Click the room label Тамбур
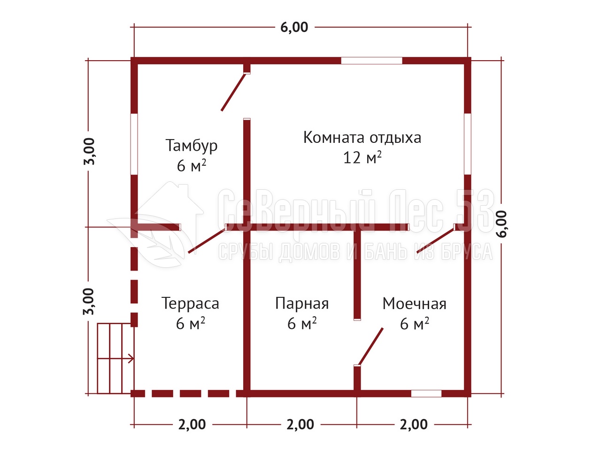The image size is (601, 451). point(192,146)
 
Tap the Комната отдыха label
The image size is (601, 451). point(362,138)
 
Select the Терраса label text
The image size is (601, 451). point(190,303)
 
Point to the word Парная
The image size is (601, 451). point(302,303)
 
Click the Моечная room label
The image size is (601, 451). point(414,303)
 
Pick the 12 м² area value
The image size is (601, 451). point(362,157)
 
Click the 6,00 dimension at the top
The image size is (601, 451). point(294,27)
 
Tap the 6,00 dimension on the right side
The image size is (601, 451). point(502,224)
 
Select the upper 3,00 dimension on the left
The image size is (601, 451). point(89,151)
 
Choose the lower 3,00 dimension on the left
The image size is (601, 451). point(89,302)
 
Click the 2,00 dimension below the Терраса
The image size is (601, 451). point(192,425)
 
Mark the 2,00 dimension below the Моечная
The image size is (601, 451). point(414,425)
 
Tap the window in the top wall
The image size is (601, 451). point(371,61)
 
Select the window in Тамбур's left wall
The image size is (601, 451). point(134,144)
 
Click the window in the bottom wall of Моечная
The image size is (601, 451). point(426,394)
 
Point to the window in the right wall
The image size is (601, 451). point(467,144)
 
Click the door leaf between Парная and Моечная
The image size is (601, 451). point(371,346)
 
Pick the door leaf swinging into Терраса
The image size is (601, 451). point(207,240)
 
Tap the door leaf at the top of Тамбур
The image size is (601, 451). point(233,92)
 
